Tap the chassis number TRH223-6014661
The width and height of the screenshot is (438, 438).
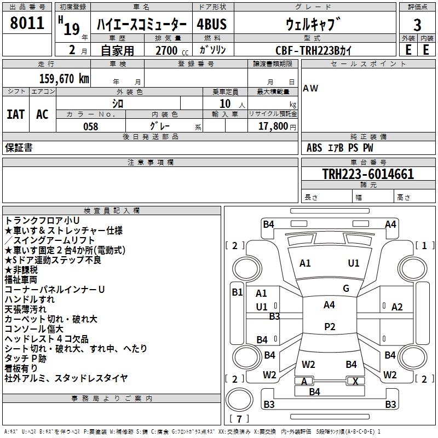click(x=368, y=174)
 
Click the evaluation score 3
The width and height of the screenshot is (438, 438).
click(x=417, y=25)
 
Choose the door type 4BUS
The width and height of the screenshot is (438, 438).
click(x=211, y=24)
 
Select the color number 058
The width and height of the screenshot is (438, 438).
click(x=90, y=126)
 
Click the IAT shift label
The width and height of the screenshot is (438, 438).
click(x=15, y=114)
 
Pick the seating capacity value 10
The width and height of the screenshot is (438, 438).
click(x=224, y=103)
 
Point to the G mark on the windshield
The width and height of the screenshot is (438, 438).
click(x=346, y=289)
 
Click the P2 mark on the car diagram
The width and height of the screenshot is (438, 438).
click(x=330, y=326)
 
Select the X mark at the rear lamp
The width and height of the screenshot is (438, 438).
click(x=355, y=381)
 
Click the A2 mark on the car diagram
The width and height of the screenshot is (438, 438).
click(x=397, y=307)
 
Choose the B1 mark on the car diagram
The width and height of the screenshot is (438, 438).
click(x=237, y=292)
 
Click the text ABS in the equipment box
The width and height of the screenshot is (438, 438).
click(x=314, y=148)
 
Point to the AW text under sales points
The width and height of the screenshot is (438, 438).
click(x=310, y=88)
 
